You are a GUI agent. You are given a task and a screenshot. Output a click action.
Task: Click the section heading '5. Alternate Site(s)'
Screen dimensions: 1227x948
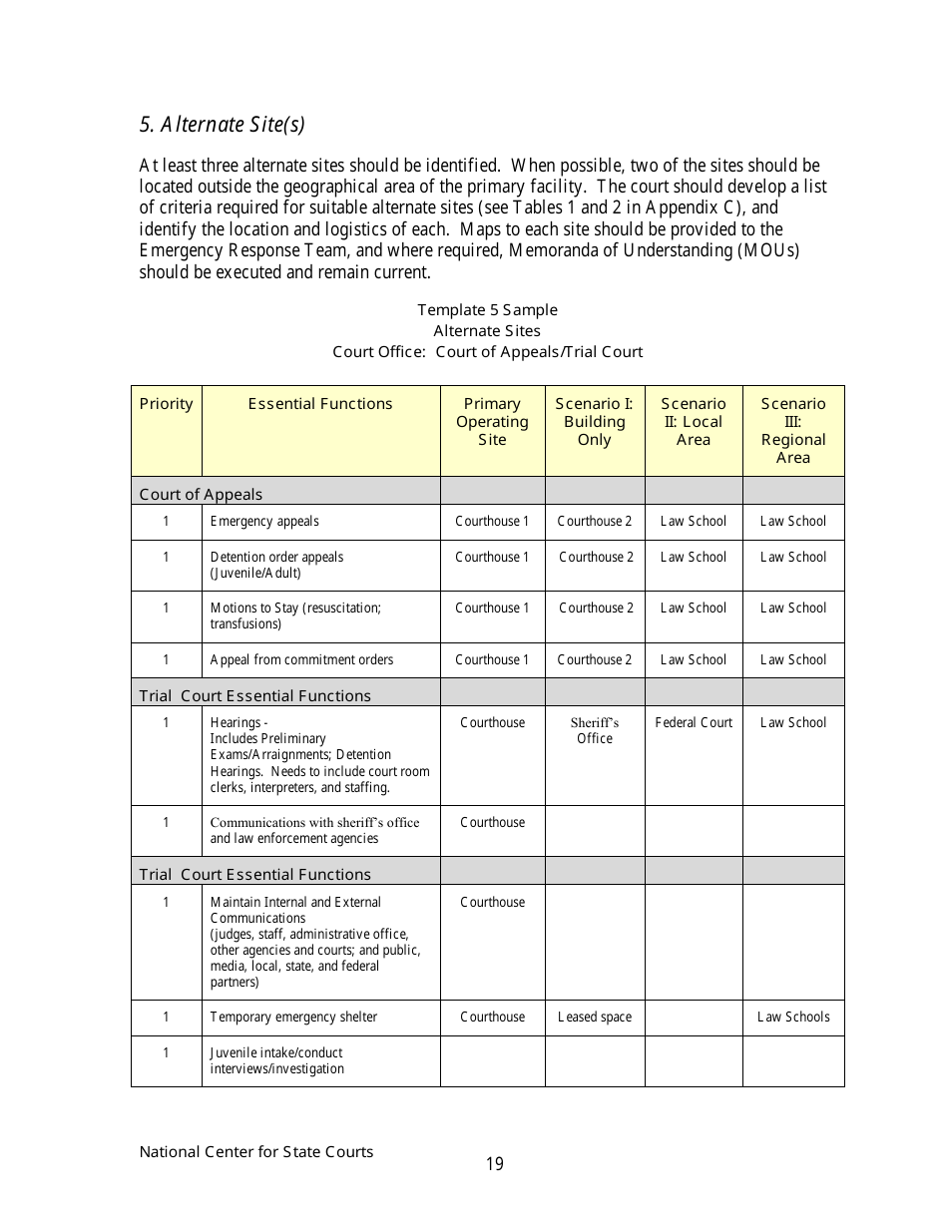coord(222,125)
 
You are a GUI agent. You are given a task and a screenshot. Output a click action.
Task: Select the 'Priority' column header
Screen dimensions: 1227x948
coord(166,404)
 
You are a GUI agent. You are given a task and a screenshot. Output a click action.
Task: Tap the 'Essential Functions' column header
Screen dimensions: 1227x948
coord(320,404)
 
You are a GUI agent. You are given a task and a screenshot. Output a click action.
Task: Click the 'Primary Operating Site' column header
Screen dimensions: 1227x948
coord(492,422)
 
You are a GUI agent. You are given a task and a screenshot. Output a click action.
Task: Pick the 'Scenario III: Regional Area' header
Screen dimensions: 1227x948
coord(793,430)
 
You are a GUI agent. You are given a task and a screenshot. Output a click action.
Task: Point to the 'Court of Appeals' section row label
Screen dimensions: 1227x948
coord(201,494)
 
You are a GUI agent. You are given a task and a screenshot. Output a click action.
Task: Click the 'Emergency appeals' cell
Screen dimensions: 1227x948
coord(264,522)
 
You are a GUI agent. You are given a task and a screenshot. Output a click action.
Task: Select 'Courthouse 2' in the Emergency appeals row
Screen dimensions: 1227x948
coord(594,522)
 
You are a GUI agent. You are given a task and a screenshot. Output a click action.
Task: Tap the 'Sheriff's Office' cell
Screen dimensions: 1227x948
coord(595,730)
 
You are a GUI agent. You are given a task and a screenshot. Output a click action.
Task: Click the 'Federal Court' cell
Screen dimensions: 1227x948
coord(694,722)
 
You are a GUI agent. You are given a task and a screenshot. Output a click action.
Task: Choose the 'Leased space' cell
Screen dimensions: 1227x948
coord(594,1018)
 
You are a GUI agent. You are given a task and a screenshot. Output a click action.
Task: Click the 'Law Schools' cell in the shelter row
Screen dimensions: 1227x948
coord(793,1018)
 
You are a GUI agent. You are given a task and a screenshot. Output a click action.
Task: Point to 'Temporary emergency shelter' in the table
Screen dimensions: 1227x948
coord(293,1018)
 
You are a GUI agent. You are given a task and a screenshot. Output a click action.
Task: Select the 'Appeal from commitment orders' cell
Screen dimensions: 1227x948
coord(301,660)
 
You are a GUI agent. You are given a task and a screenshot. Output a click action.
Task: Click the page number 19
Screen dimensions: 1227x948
coord(495,1164)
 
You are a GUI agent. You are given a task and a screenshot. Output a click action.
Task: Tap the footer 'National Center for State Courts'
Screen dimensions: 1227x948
coord(256,1152)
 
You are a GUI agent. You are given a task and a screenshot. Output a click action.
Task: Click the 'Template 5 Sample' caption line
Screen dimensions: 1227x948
coord(487,310)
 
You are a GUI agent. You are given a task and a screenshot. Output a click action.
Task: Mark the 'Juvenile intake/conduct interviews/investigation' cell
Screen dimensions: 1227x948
coord(276,1060)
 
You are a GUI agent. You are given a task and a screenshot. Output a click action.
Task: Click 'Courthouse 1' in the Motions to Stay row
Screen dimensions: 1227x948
coord(492,609)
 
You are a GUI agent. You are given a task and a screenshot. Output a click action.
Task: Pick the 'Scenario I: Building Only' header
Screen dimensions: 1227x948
coord(594,422)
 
